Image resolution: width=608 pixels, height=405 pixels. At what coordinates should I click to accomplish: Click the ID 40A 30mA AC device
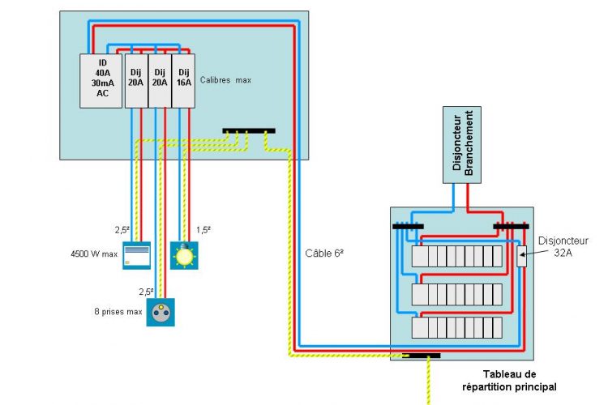point(101,80)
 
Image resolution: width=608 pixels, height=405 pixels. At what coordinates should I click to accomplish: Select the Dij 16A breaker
point(183,80)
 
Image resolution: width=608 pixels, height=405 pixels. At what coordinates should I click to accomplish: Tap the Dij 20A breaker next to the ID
point(136,80)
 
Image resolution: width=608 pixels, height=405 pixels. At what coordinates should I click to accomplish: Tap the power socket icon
point(161,312)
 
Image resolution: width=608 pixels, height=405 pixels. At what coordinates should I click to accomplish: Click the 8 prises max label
point(117,311)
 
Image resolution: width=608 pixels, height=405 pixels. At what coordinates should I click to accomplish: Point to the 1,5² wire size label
point(203,230)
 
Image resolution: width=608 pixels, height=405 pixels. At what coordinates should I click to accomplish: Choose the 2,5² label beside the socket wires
point(146,291)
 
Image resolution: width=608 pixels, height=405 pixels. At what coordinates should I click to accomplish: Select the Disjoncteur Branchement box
point(462,144)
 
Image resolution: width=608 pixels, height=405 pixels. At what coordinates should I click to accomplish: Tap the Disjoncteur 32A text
point(563,246)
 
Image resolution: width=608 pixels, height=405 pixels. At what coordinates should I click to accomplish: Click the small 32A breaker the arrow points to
point(521,256)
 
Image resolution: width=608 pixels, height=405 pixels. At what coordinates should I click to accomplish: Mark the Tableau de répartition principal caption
point(509,380)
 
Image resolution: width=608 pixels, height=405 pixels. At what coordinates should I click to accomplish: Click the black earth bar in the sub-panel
point(249,130)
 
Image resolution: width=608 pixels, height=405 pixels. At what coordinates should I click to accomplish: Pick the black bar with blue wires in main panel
point(408,226)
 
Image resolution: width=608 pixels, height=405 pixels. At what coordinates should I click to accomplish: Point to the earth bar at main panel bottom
point(421,356)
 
